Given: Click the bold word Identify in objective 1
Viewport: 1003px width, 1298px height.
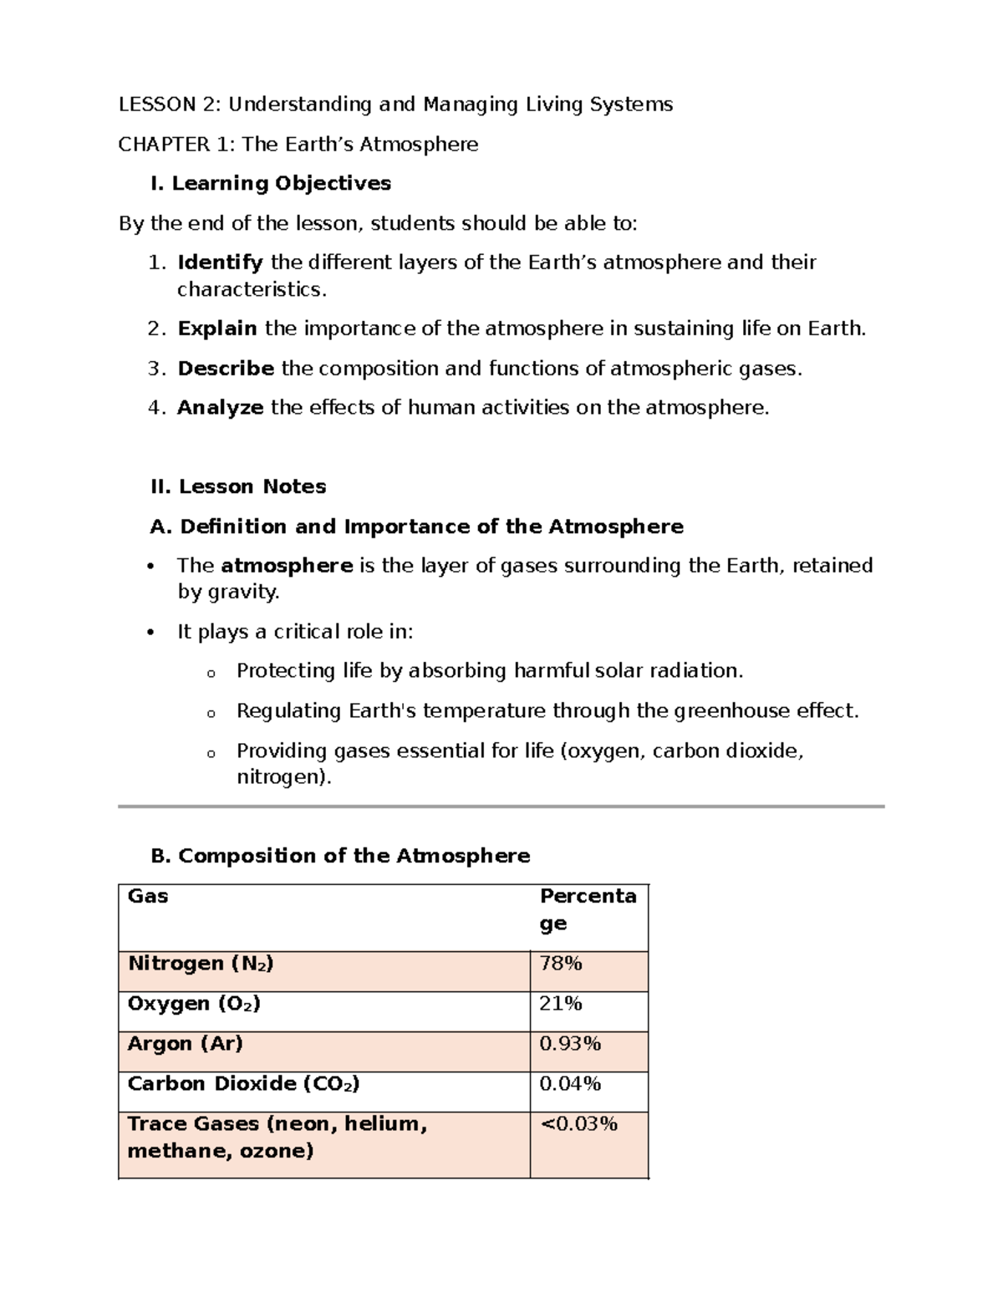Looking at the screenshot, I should [220, 263].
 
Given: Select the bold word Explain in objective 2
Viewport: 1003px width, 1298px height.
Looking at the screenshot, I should [217, 328].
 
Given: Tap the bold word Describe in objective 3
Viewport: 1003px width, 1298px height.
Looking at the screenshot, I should [226, 369].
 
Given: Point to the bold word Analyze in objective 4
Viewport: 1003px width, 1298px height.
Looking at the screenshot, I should [221, 408].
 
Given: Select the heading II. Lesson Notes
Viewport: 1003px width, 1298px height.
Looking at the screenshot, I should [238, 486].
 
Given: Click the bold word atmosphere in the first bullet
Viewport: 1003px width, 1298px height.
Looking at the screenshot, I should [287, 566].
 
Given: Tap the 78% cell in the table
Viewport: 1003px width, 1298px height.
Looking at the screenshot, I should [561, 964].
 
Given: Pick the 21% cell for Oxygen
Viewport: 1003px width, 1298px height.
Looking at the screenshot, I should [561, 1004].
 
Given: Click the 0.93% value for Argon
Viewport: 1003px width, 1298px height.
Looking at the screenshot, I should [570, 1044].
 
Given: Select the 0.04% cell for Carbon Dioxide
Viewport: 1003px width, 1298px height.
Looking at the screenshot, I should [570, 1084].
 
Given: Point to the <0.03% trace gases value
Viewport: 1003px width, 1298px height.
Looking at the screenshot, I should [578, 1124].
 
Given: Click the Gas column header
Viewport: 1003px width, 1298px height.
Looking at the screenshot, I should [148, 897].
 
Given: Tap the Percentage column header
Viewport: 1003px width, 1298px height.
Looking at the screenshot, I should [588, 909].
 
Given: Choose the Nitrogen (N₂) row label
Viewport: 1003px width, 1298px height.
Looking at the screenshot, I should [201, 964].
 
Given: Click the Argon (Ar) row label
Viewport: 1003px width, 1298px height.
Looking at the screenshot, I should [185, 1044].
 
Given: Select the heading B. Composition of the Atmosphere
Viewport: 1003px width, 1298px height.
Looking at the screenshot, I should [340, 856].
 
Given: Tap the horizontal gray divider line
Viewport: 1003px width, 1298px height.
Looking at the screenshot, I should [501, 807].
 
